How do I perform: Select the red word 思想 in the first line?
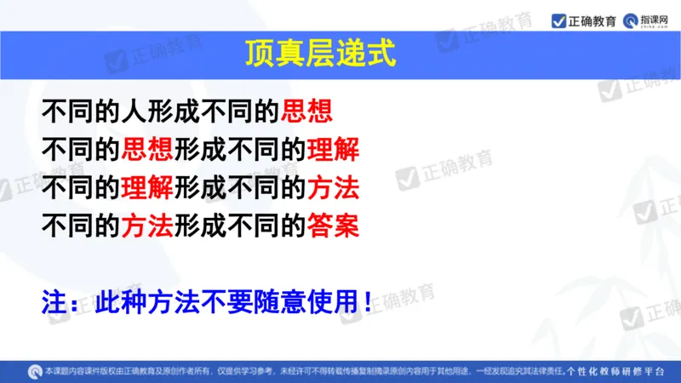(306, 111)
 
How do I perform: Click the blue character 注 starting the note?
(54, 301)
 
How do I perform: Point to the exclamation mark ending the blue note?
(367, 301)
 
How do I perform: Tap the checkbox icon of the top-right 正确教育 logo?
(558, 19)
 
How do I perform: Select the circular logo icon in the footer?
(34, 371)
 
